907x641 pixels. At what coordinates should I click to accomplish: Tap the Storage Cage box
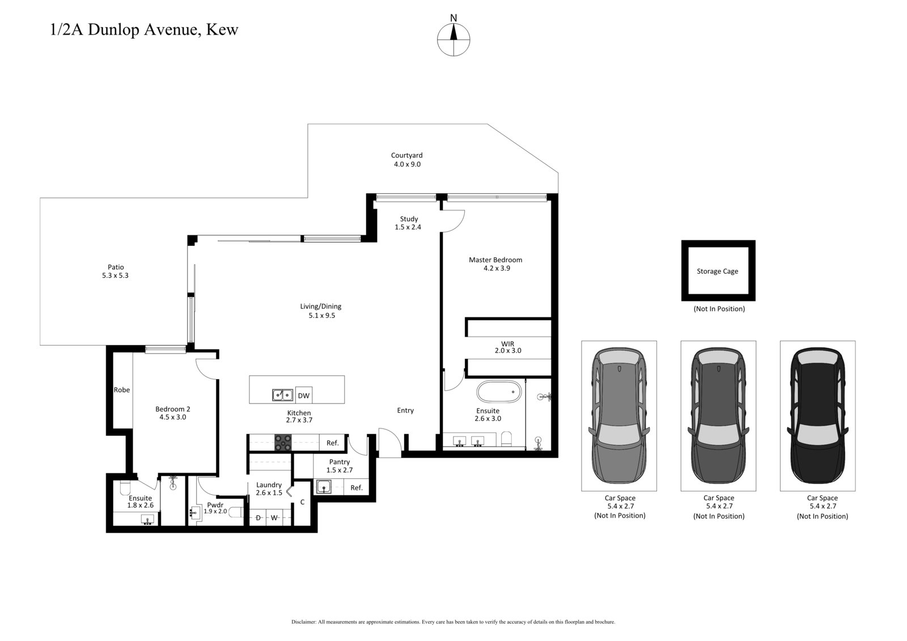pos(718,271)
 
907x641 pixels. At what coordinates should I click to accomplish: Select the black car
pos(817,415)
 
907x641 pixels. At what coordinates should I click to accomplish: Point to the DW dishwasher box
pos(304,396)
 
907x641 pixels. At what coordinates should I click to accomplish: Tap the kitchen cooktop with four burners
pos(283,443)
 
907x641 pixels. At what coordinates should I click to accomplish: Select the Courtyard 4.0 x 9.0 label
pos(407,160)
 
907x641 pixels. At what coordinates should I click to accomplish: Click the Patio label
pos(116,271)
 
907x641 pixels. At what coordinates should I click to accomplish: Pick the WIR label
pos(507,347)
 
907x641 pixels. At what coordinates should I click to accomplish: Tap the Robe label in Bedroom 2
pos(122,390)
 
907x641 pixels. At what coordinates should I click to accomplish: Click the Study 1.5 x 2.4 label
pos(409,223)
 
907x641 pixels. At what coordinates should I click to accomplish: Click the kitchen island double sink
pos(282,395)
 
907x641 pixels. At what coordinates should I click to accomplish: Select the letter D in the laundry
pos(258,517)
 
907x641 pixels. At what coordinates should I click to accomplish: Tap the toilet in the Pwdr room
pos(238,512)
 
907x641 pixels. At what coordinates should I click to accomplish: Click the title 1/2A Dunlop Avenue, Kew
pos(145,29)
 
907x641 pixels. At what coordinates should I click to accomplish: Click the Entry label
pos(405,410)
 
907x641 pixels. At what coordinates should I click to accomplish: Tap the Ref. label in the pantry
pos(357,487)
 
